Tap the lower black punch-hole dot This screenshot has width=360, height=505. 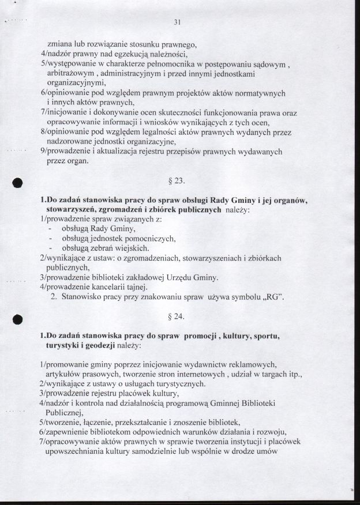click(x=17, y=318)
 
